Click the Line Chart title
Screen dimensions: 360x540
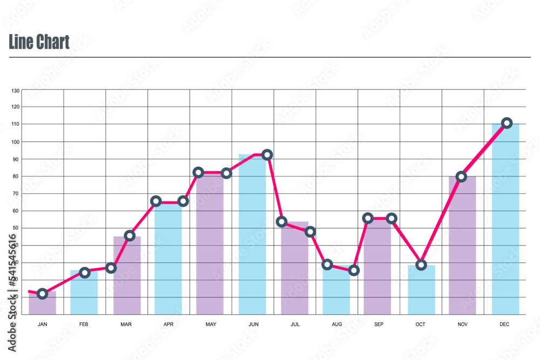coord(39,42)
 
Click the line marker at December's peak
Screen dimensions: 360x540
coord(507,123)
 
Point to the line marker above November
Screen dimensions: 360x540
coord(461,176)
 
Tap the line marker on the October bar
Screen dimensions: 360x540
coord(421,265)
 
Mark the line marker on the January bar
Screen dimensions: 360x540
coord(42,294)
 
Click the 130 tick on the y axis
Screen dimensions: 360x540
coord(15,90)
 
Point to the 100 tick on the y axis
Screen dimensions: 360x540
coord(15,142)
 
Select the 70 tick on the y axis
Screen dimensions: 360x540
coord(15,193)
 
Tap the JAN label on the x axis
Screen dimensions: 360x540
coord(42,324)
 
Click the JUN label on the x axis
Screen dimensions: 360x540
coord(253,324)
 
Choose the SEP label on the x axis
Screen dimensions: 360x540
coord(379,324)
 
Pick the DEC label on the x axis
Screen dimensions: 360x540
coord(504,324)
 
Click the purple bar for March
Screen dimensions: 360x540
coord(127,275)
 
